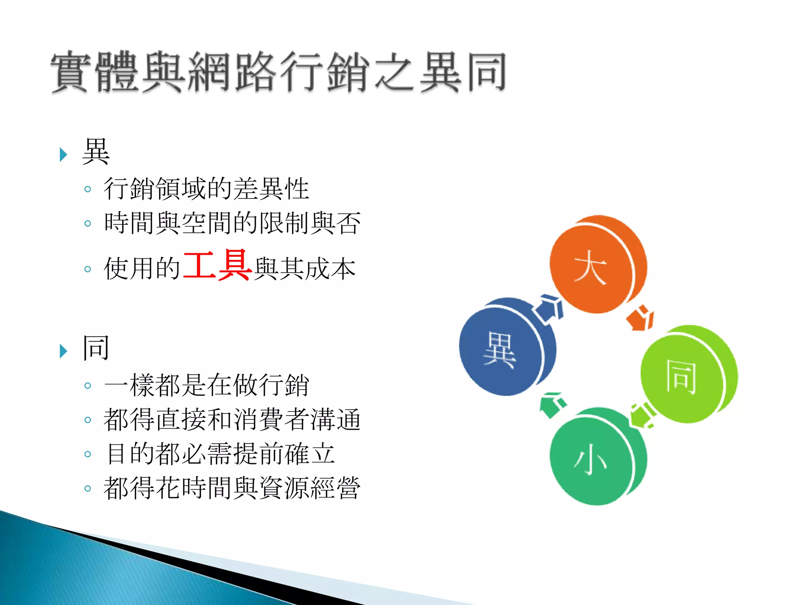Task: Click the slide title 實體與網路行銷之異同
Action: click(x=278, y=72)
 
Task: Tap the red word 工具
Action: click(x=217, y=265)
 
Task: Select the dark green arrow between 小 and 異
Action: click(x=552, y=405)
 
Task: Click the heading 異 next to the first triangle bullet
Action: click(x=96, y=152)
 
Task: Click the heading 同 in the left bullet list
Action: click(x=96, y=348)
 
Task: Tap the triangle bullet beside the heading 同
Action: click(x=63, y=351)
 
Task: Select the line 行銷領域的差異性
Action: click(x=206, y=189)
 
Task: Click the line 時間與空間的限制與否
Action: click(x=232, y=223)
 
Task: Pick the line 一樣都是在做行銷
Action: click(x=206, y=385)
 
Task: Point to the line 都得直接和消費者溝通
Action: click(x=232, y=419)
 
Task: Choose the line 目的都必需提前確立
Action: click(x=220, y=454)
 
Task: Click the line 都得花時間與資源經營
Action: click(x=232, y=488)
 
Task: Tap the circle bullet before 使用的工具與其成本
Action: click(x=87, y=269)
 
